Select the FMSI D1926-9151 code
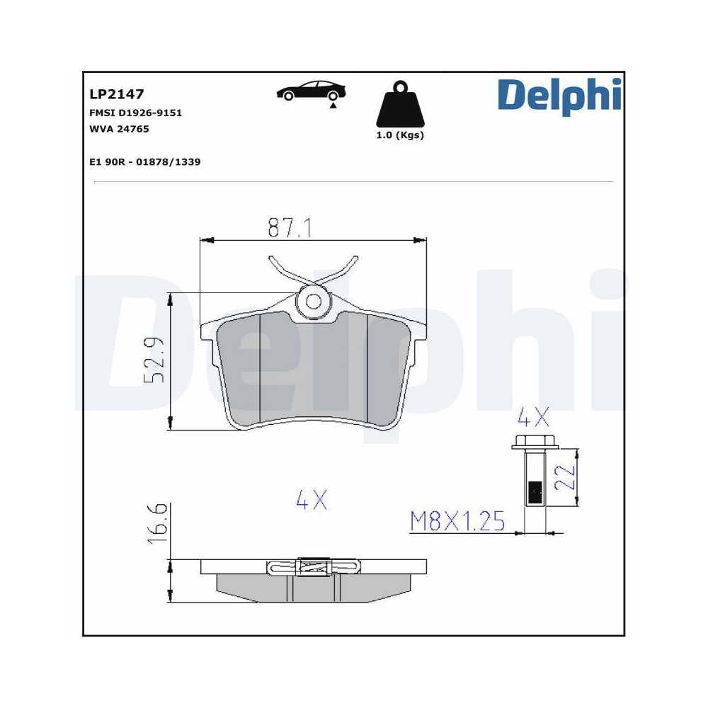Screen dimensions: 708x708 coord(135,113)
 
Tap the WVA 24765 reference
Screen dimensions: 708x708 coord(119,129)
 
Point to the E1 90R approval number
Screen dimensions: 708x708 coord(144,161)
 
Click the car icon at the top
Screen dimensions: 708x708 coord(312,91)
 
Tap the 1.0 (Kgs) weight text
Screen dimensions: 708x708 coord(400,135)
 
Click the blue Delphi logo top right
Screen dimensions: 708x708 coord(559,96)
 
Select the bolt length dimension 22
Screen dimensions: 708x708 coord(564,477)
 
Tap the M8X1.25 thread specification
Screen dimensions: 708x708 coord(457,522)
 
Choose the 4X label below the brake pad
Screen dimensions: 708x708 coord(312,501)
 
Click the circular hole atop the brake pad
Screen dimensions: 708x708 coord(314,302)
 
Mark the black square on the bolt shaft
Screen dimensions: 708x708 coord(535,490)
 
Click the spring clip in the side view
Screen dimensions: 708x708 coord(313,566)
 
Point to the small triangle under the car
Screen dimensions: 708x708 coord(331,105)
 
